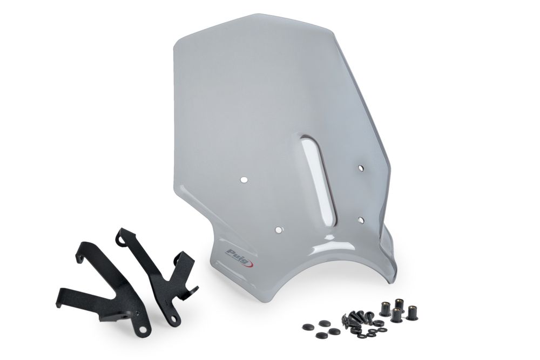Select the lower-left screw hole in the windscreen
point(278,229)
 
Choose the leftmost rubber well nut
point(384,308)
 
